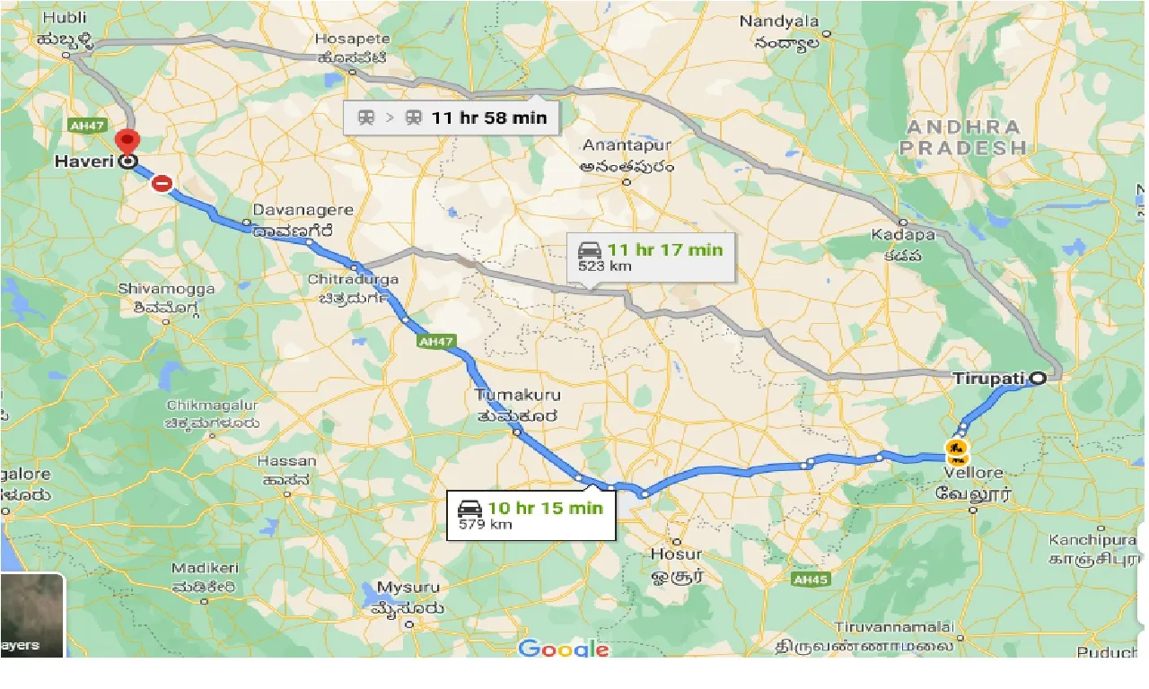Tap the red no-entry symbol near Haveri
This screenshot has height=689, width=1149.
162,184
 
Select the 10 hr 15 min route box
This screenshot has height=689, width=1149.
531,515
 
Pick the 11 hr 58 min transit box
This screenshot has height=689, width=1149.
452,118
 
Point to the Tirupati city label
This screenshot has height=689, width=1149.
987,379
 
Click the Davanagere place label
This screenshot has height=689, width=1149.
303,210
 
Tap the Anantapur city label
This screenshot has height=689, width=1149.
627,145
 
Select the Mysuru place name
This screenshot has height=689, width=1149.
408,588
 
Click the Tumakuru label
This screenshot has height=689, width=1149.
517,395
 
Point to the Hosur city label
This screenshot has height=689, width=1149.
676,554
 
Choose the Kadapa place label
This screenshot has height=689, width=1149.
903,235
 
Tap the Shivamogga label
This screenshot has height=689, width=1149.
167,289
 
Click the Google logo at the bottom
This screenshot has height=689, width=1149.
563,650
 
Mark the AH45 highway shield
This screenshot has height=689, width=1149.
810,580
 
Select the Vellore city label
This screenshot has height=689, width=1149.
974,473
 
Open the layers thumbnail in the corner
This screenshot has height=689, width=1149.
32,615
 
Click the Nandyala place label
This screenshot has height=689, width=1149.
779,22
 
